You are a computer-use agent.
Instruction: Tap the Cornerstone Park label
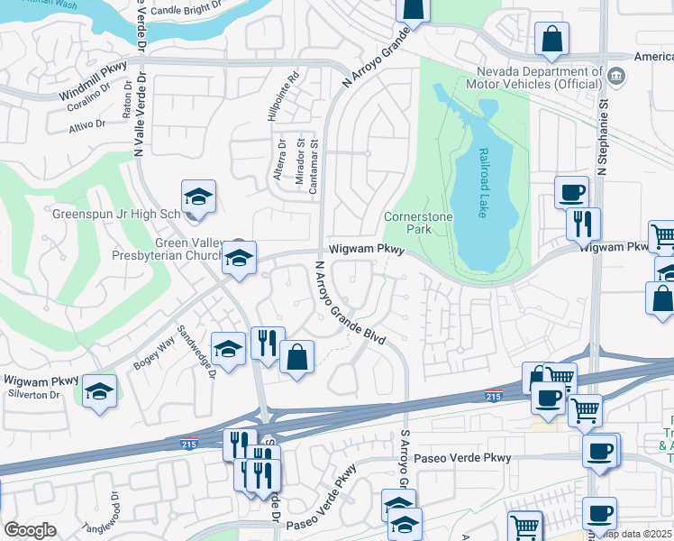(415, 223)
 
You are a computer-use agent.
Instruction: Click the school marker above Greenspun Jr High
(199, 196)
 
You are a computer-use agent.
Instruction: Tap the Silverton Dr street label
(32, 395)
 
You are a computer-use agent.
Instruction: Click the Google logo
(30, 530)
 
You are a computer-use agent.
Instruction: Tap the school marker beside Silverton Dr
(100, 390)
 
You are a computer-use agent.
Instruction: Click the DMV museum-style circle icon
(616, 75)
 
